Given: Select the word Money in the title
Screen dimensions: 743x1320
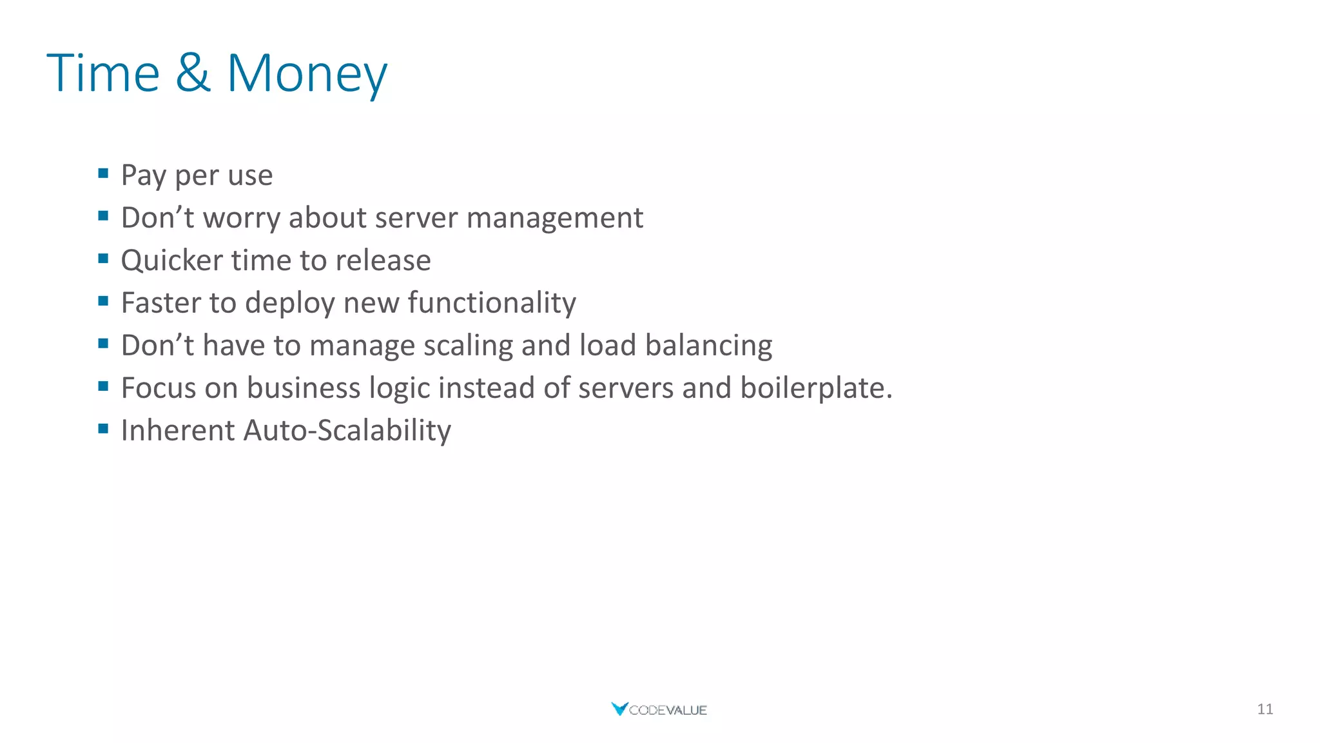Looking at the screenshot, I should coord(307,74).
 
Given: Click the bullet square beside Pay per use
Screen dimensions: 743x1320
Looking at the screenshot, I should coord(103,173).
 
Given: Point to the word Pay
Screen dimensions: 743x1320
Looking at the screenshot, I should coord(144,175).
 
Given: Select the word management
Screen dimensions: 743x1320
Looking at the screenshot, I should coord(554,218).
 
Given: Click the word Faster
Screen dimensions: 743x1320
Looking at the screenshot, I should coord(160,303).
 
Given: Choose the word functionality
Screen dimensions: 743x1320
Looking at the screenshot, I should coord(492,303).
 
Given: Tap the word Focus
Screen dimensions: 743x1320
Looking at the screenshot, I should coord(159,388).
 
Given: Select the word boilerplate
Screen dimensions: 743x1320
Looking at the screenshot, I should coord(815,388).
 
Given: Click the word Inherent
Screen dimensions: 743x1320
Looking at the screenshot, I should coord(178,431).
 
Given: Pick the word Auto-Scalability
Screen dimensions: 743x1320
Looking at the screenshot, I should coord(347,431).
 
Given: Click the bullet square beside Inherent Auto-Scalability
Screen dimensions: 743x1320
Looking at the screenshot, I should coord(103,429).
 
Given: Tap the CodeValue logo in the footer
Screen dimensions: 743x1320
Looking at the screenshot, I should coord(659,709).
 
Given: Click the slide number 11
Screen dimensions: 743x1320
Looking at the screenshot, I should coord(1265,709).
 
